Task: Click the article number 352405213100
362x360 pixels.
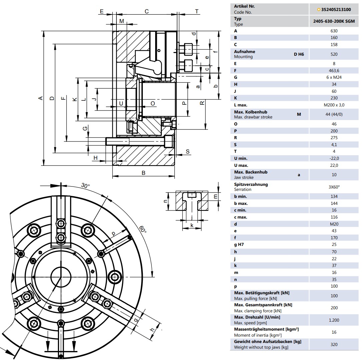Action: click(336, 9)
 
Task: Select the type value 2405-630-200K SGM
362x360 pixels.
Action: click(334, 21)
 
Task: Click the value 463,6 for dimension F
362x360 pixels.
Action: click(334, 71)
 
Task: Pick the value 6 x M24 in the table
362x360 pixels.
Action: click(334, 77)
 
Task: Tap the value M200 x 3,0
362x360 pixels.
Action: click(334, 105)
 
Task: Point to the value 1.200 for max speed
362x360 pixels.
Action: click(334, 320)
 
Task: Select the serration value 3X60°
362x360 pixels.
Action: click(334, 187)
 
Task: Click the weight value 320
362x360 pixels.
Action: click(334, 345)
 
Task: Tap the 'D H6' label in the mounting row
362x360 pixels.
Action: click(299, 54)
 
